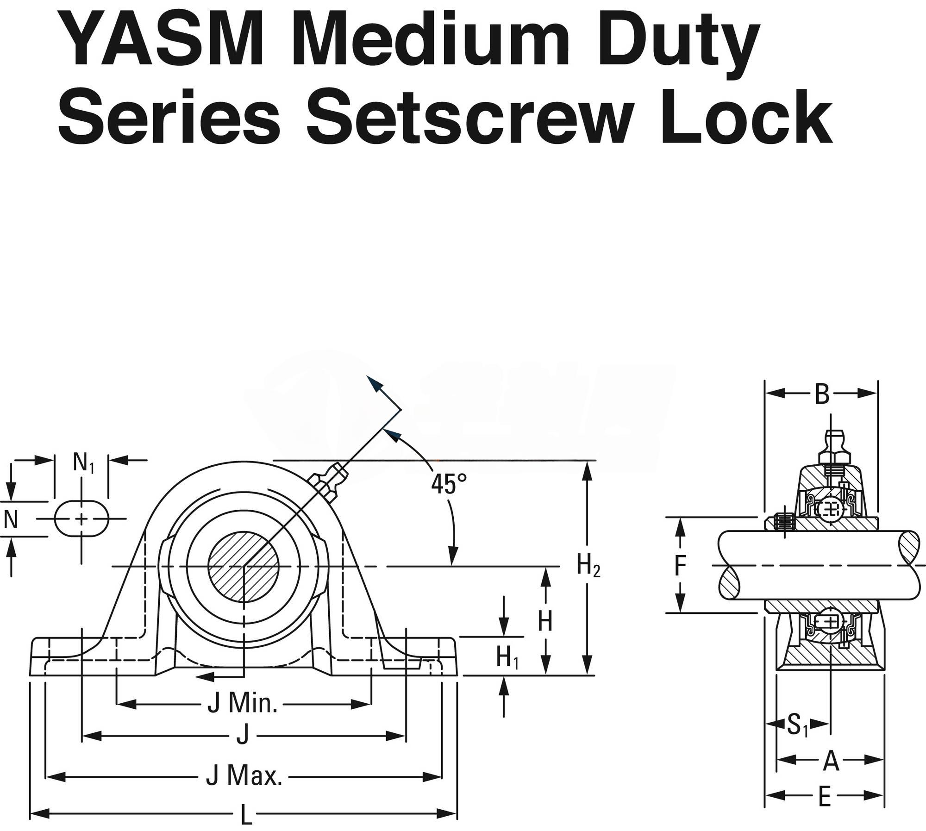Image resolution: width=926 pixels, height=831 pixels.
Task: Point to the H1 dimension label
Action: click(x=507, y=656)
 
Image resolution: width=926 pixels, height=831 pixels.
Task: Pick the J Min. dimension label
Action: click(x=242, y=704)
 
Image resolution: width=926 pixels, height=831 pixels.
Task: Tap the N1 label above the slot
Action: click(x=83, y=462)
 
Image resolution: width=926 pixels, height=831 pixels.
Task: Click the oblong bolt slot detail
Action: click(x=81, y=519)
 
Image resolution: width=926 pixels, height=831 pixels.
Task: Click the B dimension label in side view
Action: click(x=821, y=394)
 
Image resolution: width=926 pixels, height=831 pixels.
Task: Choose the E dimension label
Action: click(x=824, y=797)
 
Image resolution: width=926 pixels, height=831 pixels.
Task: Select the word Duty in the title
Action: click(x=681, y=44)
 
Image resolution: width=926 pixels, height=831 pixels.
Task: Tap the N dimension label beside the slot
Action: click(x=10, y=519)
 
